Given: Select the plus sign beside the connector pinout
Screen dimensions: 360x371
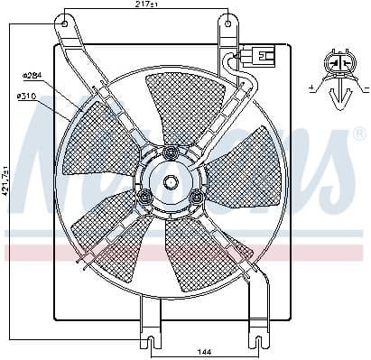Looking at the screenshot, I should click(311, 88).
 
